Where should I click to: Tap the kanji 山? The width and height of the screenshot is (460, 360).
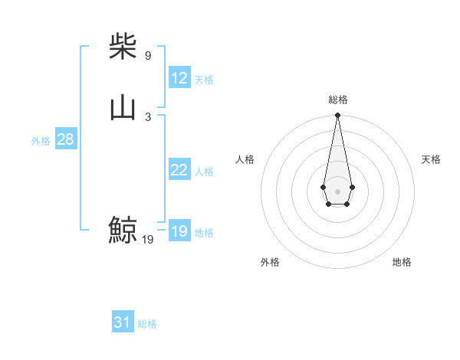point(123,108)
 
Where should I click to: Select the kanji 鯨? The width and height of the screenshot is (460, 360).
point(123,230)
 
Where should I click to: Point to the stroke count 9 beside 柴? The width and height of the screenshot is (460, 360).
point(148,56)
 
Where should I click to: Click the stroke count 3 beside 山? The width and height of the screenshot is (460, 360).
point(148,117)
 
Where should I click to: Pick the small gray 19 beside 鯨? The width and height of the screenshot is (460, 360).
point(148,240)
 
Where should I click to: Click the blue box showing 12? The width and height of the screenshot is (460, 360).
point(179,78)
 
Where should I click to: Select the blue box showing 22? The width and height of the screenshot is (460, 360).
point(179,170)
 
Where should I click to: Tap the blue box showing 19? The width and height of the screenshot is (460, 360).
point(179,231)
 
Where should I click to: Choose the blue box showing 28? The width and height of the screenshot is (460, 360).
point(65,139)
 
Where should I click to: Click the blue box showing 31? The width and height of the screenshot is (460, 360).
point(123,322)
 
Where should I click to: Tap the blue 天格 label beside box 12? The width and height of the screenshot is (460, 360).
point(204,80)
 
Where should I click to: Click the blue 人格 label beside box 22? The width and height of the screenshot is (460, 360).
point(204,172)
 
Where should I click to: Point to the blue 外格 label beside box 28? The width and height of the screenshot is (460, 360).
point(41,141)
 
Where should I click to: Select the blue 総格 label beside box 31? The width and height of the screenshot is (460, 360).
point(147,324)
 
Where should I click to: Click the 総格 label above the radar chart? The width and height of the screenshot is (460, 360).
point(337,100)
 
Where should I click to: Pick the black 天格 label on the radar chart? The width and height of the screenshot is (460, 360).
point(431,159)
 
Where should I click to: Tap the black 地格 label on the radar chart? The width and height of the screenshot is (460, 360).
point(402,262)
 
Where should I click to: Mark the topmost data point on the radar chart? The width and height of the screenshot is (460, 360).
point(337,116)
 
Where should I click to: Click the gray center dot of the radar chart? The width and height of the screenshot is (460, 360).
point(337,191)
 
